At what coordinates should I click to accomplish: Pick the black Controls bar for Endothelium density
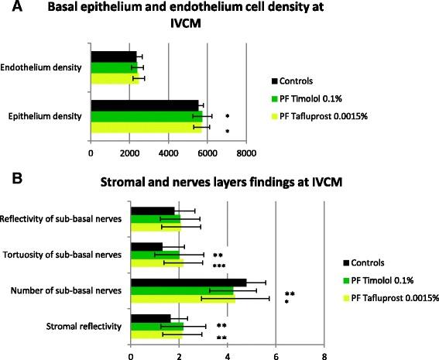113,57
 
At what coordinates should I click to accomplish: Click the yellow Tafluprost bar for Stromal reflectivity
156,335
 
